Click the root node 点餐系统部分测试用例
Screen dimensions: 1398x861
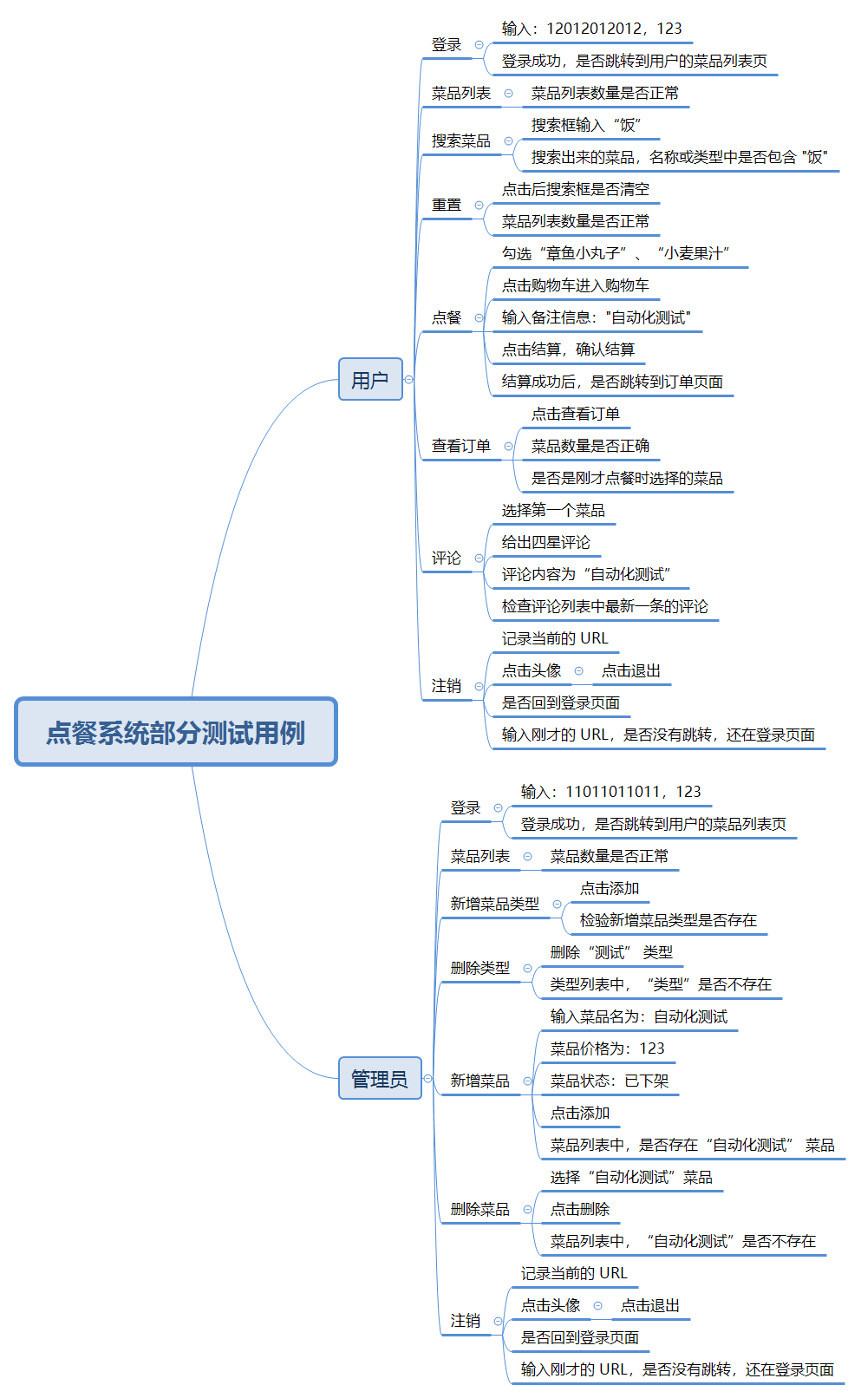point(176,732)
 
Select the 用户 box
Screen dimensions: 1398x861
point(370,379)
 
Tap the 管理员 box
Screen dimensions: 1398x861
point(379,1078)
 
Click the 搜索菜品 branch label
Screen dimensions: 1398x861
point(460,140)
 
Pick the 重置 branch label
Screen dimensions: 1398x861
point(447,205)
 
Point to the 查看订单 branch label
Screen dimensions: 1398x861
point(460,446)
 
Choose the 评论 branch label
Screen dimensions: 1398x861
point(447,558)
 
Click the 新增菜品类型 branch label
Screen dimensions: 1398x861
point(494,904)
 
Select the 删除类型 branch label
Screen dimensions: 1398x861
point(479,968)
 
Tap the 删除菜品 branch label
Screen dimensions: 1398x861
point(479,1209)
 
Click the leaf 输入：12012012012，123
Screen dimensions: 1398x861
point(591,29)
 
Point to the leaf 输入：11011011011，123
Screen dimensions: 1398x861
point(610,792)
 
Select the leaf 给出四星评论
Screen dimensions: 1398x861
point(545,542)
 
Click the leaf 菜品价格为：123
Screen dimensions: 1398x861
point(607,1048)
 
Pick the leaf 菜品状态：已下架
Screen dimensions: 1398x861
point(609,1081)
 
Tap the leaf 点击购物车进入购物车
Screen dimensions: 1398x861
point(575,285)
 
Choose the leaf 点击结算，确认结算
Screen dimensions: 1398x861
point(568,349)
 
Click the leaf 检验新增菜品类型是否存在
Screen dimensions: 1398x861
point(668,920)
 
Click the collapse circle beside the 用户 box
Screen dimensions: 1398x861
point(409,379)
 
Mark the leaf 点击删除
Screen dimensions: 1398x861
point(579,1209)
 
